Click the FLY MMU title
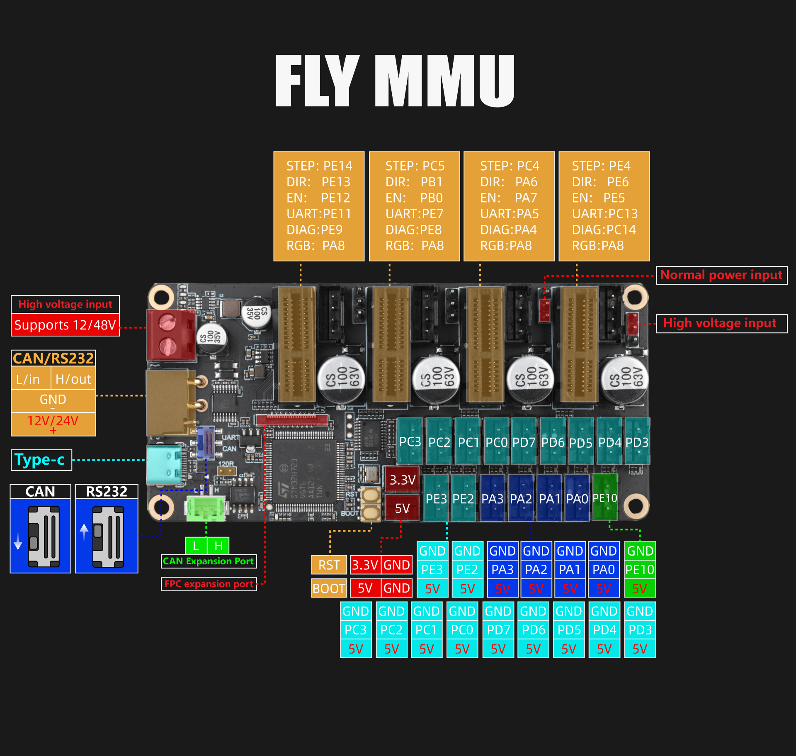(x=395, y=81)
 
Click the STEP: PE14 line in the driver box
(x=319, y=166)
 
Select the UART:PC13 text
(x=604, y=214)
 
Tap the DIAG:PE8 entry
(x=413, y=229)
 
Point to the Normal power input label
(x=721, y=275)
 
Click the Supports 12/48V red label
(x=65, y=325)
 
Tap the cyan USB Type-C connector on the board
(x=164, y=465)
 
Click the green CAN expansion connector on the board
(x=205, y=508)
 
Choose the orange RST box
(x=329, y=565)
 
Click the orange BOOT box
(x=329, y=588)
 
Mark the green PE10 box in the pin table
(x=640, y=570)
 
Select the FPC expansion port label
(x=209, y=584)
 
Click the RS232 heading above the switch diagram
(x=107, y=491)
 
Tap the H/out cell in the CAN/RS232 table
(x=73, y=379)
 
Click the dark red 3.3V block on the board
(x=402, y=480)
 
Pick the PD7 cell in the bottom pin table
(x=498, y=630)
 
